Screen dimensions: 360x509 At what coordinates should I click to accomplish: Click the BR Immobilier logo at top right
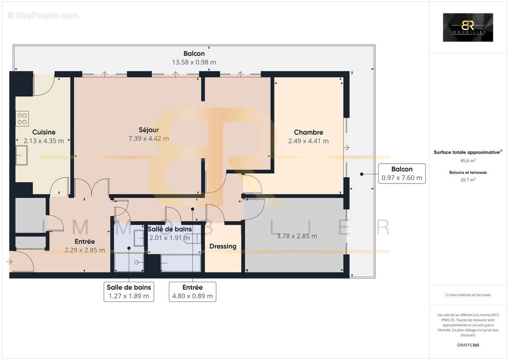click(x=468, y=27)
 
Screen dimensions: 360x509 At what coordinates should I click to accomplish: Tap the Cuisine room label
click(x=44, y=132)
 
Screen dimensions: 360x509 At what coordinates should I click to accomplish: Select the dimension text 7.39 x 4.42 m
click(x=149, y=139)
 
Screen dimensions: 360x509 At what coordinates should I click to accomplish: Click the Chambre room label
click(x=308, y=132)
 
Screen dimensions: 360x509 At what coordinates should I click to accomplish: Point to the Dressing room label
click(x=223, y=246)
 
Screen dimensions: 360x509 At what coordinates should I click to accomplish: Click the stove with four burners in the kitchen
click(x=22, y=118)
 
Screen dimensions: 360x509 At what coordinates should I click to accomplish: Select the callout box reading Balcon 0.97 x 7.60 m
click(x=401, y=173)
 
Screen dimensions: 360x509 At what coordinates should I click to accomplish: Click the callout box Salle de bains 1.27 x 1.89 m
click(x=129, y=292)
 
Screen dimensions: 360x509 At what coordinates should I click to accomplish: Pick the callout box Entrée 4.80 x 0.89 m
click(x=192, y=292)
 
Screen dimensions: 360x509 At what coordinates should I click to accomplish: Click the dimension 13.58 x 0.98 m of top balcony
click(x=194, y=63)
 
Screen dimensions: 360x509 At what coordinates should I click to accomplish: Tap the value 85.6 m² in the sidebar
click(x=468, y=160)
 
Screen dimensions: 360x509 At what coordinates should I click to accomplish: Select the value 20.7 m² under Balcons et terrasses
click(x=468, y=179)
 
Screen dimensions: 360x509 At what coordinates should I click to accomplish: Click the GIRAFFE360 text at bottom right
click(x=468, y=345)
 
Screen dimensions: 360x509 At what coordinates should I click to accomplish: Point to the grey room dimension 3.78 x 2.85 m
click(x=297, y=236)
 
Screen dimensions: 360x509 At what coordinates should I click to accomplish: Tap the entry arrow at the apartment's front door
click(x=10, y=261)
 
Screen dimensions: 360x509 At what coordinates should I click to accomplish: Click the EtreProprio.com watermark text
click(x=43, y=16)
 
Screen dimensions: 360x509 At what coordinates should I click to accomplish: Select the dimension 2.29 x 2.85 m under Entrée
click(x=85, y=250)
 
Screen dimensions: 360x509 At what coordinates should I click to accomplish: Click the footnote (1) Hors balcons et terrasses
click(x=468, y=295)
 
